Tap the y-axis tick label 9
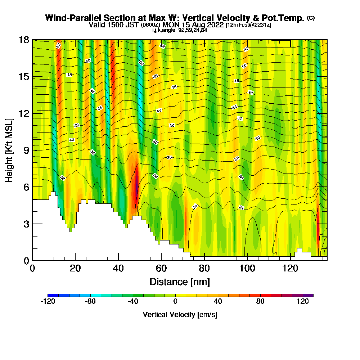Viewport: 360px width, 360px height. pyautogui.click(x=26, y=150)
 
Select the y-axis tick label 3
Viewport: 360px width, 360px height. pyautogui.click(x=26, y=224)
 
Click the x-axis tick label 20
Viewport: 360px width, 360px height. pyautogui.click(x=75, y=269)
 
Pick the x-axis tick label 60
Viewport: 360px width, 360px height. pyautogui.click(x=161, y=269)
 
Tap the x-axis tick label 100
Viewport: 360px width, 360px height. pyautogui.click(x=247, y=269)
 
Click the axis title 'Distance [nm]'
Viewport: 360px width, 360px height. pyautogui.click(x=180, y=281)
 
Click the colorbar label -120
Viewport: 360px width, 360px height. pyautogui.click(x=48, y=302)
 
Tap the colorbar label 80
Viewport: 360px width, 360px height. pyautogui.click(x=260, y=302)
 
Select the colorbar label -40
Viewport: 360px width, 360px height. pyautogui.click(x=133, y=302)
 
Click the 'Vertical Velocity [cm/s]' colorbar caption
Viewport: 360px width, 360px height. pyautogui.click(x=180, y=315)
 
